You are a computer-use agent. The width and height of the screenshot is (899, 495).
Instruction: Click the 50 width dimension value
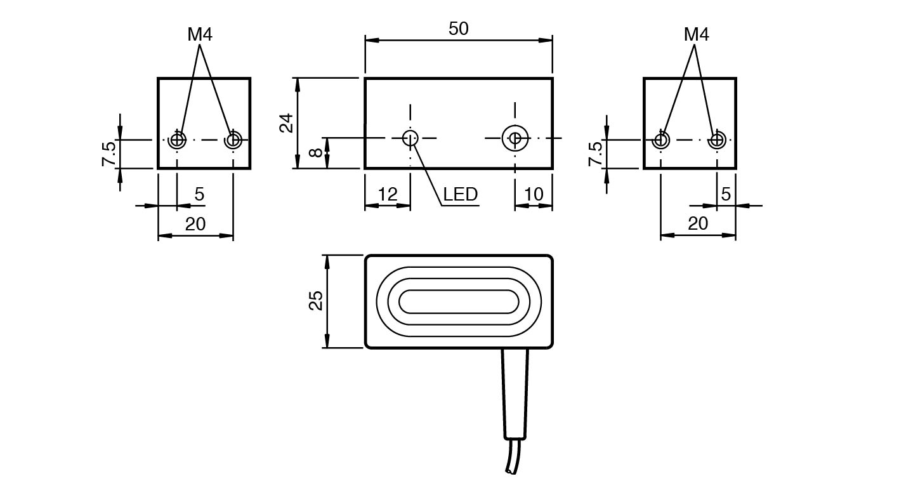458,29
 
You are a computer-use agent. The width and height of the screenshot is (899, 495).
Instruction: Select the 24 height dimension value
287,122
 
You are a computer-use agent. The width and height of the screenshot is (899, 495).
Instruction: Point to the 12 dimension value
387,194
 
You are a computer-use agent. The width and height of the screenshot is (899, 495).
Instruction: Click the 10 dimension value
534,194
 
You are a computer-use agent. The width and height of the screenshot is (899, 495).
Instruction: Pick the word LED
460,194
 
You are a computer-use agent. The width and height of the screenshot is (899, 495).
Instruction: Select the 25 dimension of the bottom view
316,301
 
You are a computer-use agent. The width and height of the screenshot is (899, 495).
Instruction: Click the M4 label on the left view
199,35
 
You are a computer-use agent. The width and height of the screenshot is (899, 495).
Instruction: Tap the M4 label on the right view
696,35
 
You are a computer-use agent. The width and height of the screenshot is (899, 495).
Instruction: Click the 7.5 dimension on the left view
108,153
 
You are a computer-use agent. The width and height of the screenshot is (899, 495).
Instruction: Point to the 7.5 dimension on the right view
595,153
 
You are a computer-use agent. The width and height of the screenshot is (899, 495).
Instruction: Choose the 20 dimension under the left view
195,224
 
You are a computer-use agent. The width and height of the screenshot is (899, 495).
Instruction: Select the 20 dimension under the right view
698,224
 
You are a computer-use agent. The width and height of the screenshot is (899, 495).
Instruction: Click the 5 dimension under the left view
199,194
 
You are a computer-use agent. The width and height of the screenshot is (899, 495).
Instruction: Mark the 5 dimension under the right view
726,194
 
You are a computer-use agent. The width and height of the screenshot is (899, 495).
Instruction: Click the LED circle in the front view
410,137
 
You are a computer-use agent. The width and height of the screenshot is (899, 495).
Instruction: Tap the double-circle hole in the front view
515,137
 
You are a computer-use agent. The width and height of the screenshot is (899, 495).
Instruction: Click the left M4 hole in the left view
177,139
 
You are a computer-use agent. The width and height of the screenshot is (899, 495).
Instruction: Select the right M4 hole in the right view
718,139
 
